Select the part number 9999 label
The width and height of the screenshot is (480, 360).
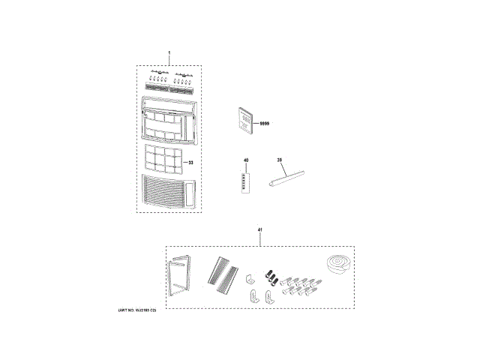pos(264,122)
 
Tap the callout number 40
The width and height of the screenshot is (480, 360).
pos(245,160)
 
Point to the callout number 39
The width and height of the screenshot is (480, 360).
pos(279,160)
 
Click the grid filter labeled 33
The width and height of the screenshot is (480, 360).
pos(163,158)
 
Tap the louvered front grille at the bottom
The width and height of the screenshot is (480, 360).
pos(166,192)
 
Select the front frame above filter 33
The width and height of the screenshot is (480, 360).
pos(169,118)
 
